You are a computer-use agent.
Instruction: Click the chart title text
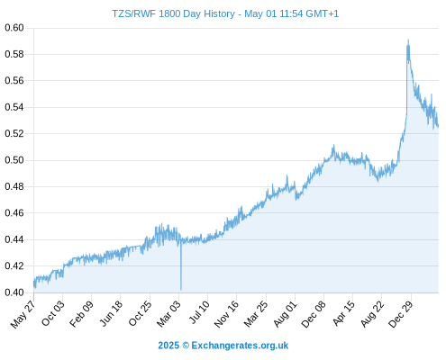(225, 13)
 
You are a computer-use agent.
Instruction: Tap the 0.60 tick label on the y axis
(14, 28)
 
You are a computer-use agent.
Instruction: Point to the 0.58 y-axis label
(14, 54)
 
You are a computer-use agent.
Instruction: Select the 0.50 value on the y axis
(14, 160)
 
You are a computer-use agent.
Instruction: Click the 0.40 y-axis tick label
(14, 292)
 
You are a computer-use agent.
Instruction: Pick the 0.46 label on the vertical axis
(14, 213)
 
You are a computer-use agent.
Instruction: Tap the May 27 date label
(23, 314)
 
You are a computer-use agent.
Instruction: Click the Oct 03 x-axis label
(53, 313)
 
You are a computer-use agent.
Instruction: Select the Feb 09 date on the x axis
(82, 313)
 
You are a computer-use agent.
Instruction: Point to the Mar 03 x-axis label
(169, 313)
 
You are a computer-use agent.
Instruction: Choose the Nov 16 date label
(227, 314)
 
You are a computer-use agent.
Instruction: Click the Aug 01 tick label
(286, 313)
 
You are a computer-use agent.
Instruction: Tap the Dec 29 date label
(401, 314)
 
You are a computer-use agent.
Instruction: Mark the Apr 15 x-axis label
(344, 313)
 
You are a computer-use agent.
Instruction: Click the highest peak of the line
(408, 40)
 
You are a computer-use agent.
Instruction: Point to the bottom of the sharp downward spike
(181, 290)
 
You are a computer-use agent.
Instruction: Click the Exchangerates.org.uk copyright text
(223, 346)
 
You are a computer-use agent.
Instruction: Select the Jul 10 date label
(198, 312)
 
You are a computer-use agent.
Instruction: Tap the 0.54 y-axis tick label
(14, 107)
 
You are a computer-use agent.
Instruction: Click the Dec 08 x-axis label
(314, 314)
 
